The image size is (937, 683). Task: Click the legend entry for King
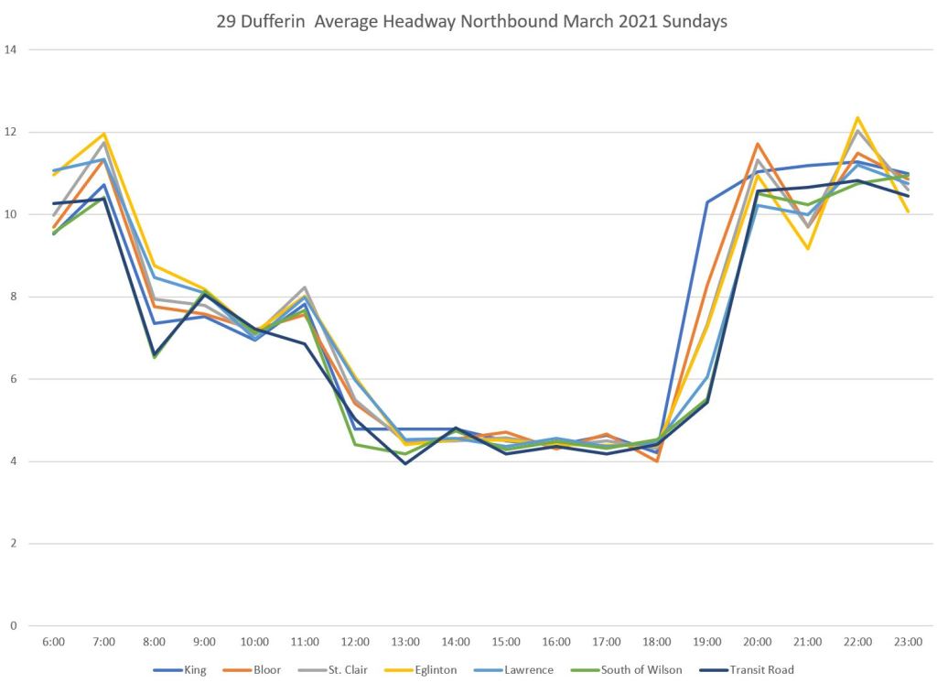pyautogui.click(x=194, y=669)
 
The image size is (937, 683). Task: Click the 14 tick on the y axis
pyautogui.click(x=12, y=49)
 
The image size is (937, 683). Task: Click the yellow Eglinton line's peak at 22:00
pyautogui.click(x=857, y=117)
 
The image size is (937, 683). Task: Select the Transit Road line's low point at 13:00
pyautogui.click(x=405, y=463)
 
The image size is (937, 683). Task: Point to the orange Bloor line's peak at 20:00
pyautogui.click(x=758, y=144)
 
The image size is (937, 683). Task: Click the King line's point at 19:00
pyautogui.click(x=707, y=201)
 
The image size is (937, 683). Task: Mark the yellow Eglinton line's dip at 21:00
pyautogui.click(x=808, y=248)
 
